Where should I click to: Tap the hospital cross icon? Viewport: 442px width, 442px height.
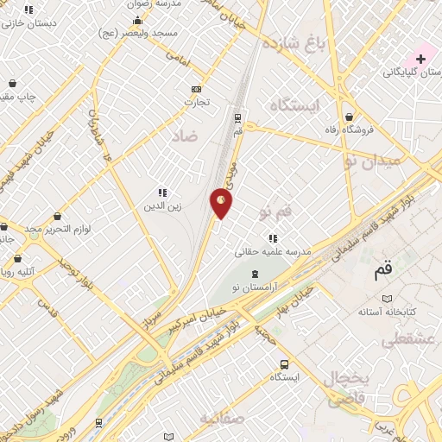tap(420, 58)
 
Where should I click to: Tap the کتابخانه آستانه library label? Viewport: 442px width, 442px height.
tap(388, 309)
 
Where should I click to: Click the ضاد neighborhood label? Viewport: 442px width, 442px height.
tap(184, 136)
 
